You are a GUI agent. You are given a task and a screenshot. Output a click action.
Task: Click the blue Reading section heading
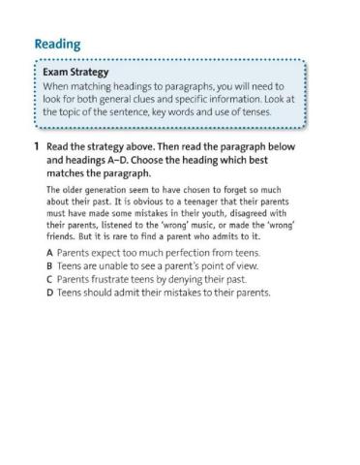58,45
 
